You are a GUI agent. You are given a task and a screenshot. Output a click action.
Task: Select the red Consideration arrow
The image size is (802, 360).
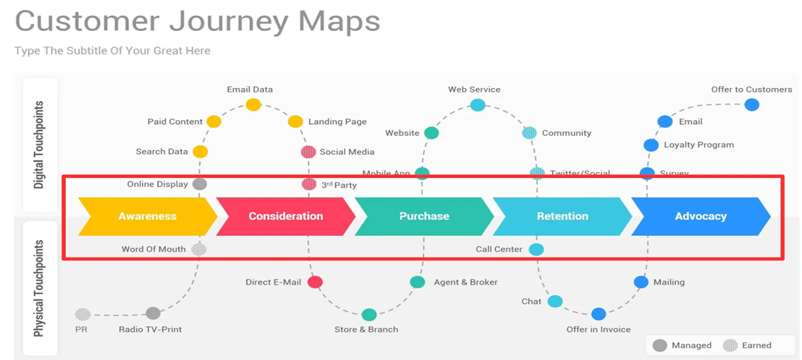coord(285,216)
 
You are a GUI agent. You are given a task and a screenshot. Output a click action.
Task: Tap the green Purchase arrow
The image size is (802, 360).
coord(424,216)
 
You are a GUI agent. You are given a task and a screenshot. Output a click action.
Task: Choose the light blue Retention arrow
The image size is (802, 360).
coord(563,216)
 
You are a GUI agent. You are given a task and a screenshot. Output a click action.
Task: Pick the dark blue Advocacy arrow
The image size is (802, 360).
coord(700,216)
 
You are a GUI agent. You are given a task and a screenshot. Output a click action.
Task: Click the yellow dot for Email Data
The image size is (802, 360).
coord(253,105)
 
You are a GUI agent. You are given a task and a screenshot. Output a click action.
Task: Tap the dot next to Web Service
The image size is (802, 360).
coord(477,105)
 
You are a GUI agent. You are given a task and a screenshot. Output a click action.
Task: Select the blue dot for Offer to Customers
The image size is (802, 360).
coord(752,105)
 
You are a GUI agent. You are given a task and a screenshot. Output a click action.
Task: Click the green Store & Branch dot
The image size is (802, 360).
coord(369,315)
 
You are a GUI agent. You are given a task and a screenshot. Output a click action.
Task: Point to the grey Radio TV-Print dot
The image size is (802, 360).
coord(153,314)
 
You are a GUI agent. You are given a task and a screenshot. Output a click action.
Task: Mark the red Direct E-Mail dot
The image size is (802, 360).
coord(315,283)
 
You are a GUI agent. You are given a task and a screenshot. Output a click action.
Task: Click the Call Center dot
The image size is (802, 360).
coord(537,249)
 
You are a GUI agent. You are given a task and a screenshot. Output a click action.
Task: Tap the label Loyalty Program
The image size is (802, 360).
coord(698,145)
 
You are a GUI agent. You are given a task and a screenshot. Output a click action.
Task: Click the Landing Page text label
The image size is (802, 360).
coord(337,122)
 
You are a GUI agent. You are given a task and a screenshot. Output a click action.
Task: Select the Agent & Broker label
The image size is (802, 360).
coord(465,283)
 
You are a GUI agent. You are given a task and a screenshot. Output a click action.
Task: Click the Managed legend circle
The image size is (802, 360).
coord(660,345)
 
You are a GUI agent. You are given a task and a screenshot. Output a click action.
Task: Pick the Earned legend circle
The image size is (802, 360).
coord(731,345)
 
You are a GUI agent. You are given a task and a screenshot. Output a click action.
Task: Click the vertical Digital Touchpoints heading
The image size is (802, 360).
coord(39,145)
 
